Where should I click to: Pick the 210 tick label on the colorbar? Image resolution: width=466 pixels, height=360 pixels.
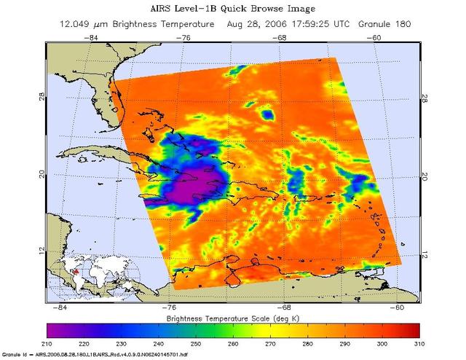[x=47, y=343]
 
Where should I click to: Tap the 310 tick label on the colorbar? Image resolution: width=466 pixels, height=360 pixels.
[x=419, y=343]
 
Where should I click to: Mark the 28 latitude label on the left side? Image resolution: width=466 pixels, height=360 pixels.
[x=43, y=94]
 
